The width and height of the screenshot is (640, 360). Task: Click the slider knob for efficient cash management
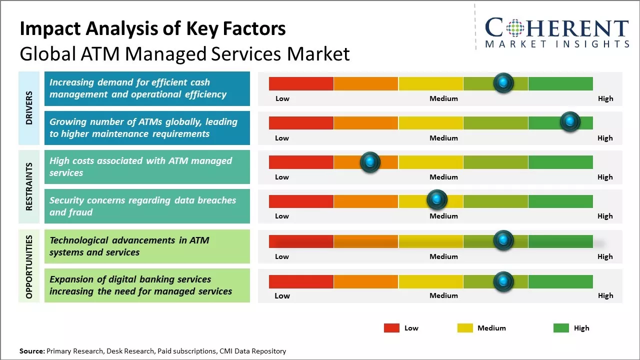(x=503, y=82)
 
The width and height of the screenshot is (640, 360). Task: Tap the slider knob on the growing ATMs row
(x=569, y=121)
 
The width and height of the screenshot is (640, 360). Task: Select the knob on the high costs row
(x=370, y=161)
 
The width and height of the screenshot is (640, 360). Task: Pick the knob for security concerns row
(x=436, y=200)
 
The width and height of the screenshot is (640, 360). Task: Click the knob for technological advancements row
(x=503, y=240)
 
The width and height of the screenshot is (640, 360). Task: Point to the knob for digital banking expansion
(x=503, y=281)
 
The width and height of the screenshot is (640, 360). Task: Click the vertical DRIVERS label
(x=29, y=107)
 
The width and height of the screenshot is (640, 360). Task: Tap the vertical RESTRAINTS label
(x=29, y=186)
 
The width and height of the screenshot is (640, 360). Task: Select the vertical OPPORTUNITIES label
(x=29, y=266)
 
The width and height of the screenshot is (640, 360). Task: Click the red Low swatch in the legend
(x=391, y=328)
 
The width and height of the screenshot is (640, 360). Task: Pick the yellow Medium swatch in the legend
(x=465, y=328)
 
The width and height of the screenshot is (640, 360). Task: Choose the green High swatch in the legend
(x=561, y=328)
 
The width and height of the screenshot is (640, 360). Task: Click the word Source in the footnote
(x=31, y=351)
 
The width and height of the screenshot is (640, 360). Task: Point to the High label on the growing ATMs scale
(x=605, y=138)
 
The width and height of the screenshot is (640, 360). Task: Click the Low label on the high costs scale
(x=282, y=177)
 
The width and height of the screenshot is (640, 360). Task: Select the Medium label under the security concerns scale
(x=443, y=216)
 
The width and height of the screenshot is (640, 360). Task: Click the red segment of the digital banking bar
(x=301, y=281)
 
